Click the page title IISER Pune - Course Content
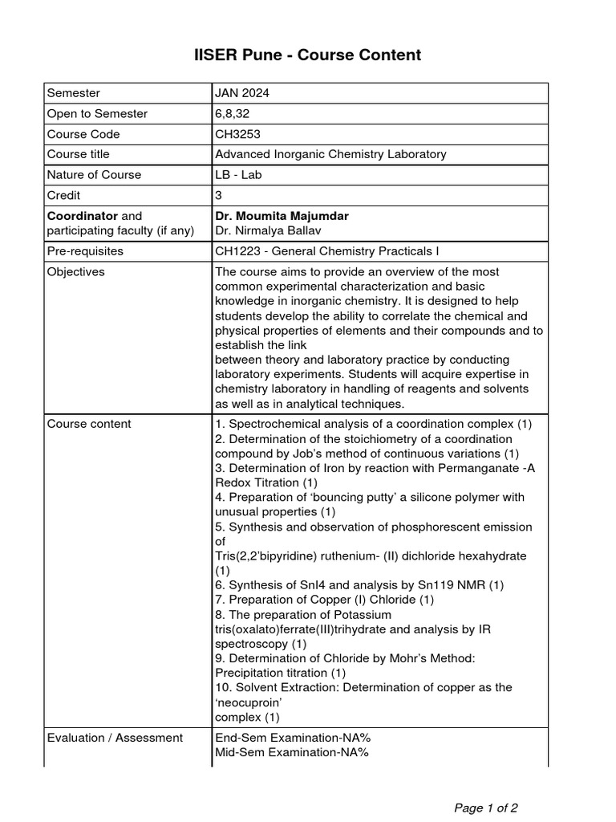tap(308, 55)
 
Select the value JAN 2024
tap(242, 93)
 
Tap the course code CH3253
tap(237, 134)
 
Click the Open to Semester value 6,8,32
tap(233, 114)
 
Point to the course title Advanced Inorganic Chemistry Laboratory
tap(330, 154)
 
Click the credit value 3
tap(218, 196)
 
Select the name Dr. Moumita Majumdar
tap(282, 217)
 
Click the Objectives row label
tap(76, 272)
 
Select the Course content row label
tap(89, 424)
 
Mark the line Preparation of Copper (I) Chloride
tap(325, 600)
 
